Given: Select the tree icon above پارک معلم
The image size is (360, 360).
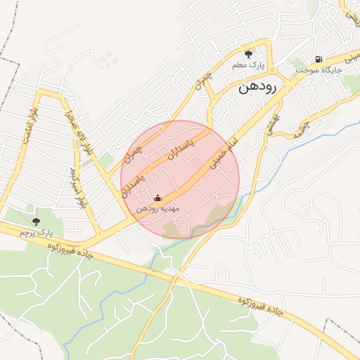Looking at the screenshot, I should click(247, 54).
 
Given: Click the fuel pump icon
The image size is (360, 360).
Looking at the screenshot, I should click(319, 59).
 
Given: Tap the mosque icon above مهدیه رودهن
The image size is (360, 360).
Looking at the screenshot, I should click(157, 198).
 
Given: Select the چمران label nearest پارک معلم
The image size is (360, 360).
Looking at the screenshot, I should click(201, 87).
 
